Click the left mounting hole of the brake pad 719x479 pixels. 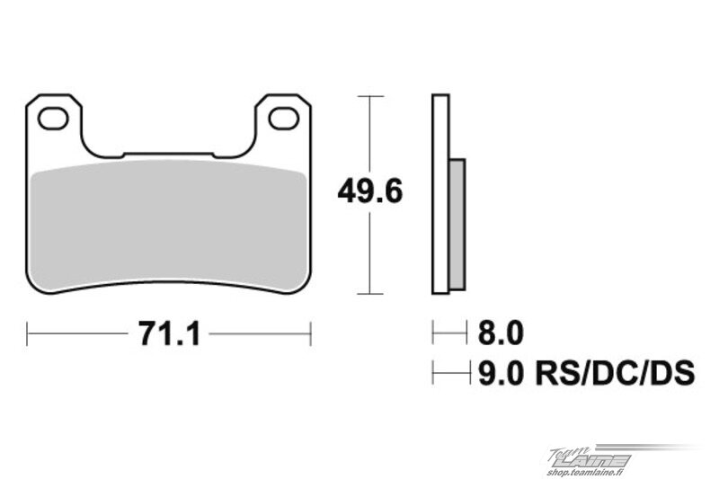click(x=53, y=119)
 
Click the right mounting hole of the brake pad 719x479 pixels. click(x=284, y=119)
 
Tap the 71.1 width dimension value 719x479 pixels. click(x=169, y=333)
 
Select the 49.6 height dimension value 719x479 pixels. click(x=370, y=191)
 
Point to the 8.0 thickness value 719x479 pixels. click(x=501, y=333)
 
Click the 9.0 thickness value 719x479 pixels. click(x=501, y=373)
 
